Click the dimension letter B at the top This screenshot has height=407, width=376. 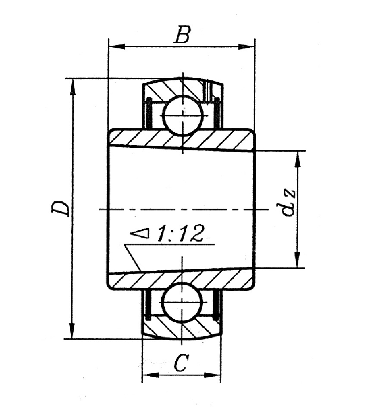pos(182,34)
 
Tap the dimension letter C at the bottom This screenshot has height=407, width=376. pos(181,362)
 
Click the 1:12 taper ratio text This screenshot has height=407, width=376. pos(179,233)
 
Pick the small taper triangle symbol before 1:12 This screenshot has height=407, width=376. pos(140,233)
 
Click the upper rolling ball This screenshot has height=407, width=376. pos(183,115)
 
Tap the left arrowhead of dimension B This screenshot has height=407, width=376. pos(116,47)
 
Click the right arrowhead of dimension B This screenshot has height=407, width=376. pos(246,47)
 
